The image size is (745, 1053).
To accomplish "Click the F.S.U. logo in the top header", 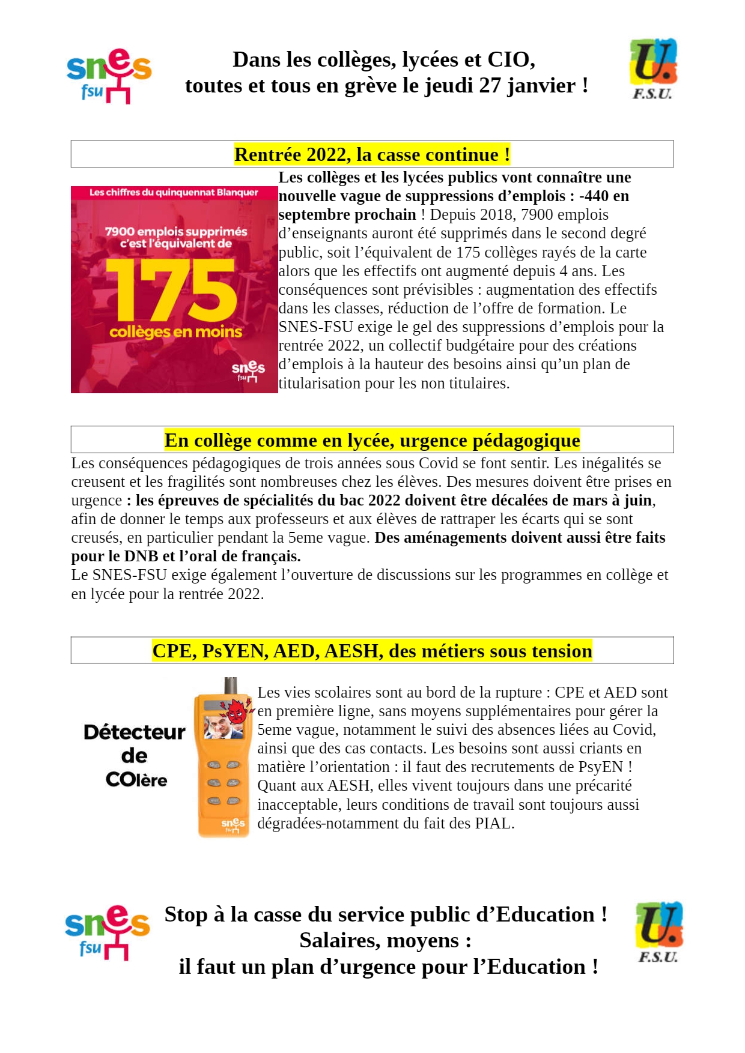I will [653, 68].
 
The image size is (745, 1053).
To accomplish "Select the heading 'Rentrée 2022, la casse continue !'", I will [372, 154].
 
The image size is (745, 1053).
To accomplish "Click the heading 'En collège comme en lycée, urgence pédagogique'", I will [372, 440].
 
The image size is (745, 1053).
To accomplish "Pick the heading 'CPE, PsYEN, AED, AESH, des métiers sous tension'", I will [372, 651].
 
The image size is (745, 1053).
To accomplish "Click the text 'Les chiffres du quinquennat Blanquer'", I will [174, 193].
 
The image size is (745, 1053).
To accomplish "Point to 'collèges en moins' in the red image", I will [175, 331].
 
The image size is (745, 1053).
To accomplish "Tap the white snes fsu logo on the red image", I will [248, 371].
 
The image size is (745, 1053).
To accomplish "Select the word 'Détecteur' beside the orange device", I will [135, 732].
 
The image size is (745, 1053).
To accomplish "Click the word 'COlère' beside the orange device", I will [136, 780].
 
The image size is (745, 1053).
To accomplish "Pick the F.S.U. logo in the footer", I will [658, 932].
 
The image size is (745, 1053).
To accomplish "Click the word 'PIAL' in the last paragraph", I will [493, 823].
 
